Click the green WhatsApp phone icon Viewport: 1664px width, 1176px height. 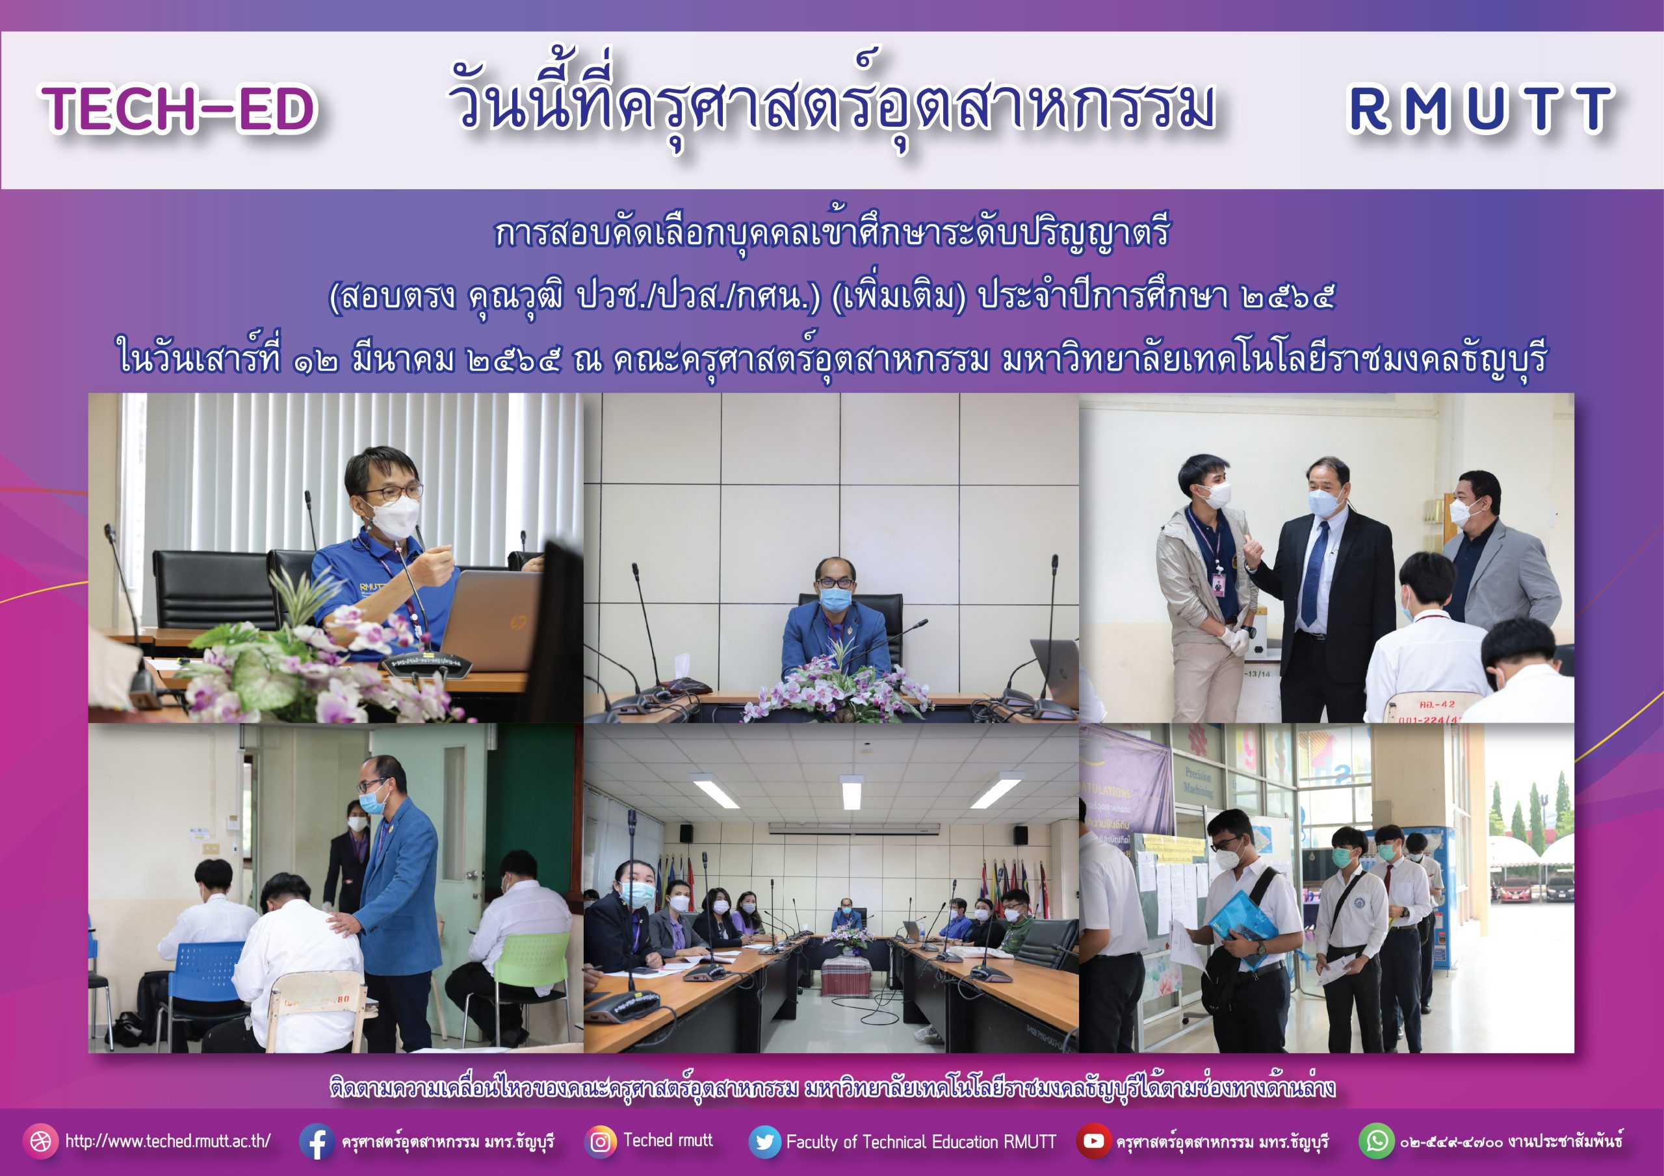click(1376, 1141)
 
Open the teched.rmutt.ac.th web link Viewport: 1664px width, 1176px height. click(168, 1141)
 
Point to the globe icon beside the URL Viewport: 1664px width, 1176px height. click(40, 1141)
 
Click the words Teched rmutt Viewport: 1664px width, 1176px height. click(668, 1140)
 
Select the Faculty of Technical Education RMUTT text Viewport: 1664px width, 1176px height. click(921, 1142)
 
